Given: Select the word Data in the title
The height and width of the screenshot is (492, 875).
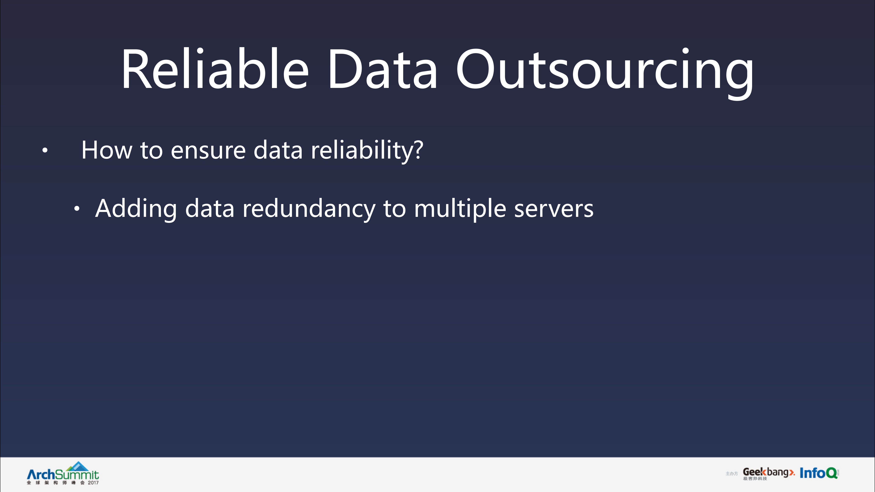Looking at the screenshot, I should (382, 70).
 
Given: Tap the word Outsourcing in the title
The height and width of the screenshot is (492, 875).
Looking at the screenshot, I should (605, 71).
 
